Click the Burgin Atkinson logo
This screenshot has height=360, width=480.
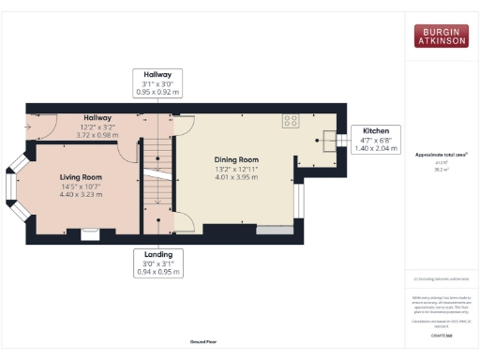[442, 36]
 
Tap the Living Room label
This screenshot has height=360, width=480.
[81, 177]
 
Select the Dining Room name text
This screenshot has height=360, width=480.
[223, 159]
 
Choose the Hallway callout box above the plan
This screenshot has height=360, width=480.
[157, 83]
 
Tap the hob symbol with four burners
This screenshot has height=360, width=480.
[291, 121]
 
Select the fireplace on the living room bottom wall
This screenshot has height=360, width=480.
[91, 232]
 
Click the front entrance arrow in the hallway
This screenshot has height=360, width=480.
[35, 126]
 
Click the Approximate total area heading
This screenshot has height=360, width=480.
[442, 154]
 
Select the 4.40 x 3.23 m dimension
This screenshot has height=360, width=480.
[81, 194]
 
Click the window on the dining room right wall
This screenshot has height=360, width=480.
[299, 205]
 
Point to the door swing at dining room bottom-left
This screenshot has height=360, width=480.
[185, 223]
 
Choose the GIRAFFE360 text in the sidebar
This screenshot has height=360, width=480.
[442, 335]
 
